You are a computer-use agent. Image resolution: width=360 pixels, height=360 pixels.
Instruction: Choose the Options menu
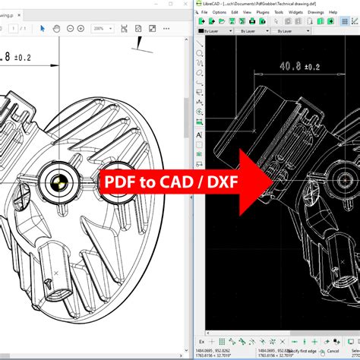[219, 12]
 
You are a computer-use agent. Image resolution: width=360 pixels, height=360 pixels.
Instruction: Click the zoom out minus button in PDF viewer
[71, 28]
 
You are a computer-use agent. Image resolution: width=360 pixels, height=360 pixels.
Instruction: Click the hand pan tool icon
[57, 28]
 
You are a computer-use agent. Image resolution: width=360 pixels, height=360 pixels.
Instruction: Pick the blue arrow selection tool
[43, 28]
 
